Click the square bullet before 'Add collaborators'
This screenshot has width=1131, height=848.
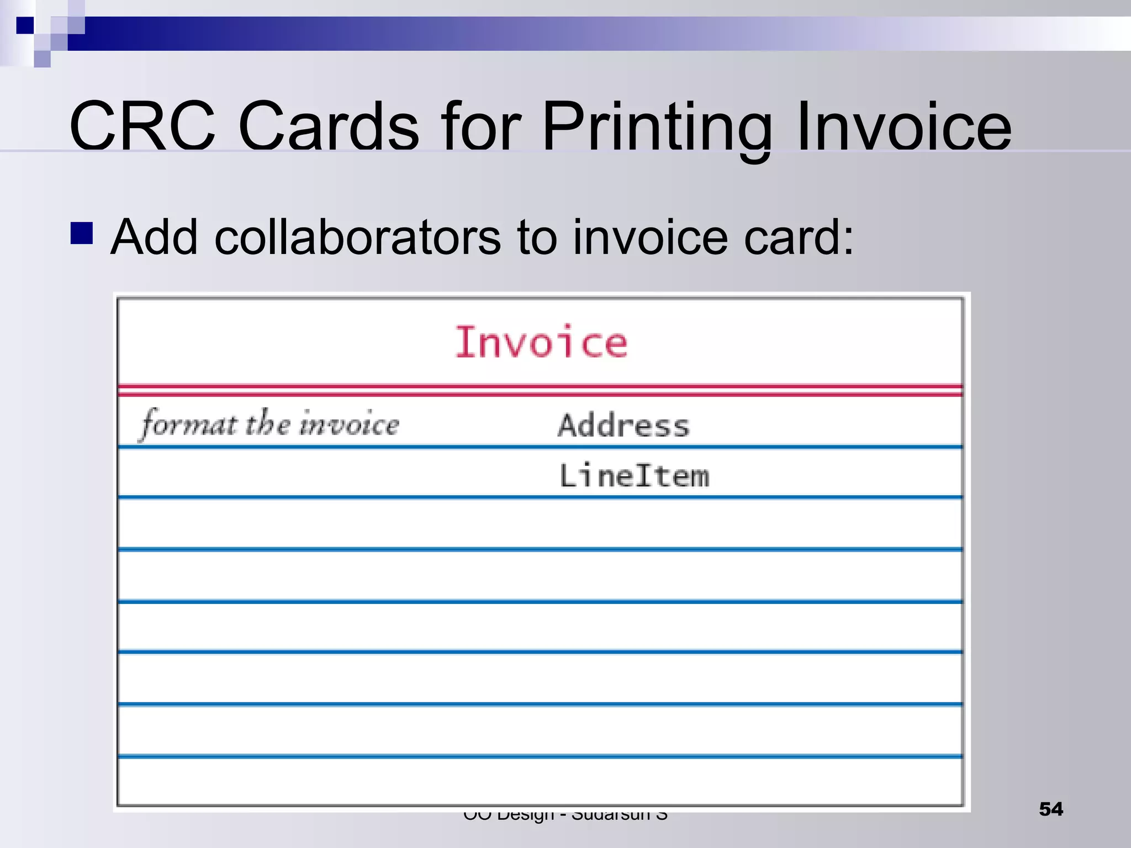click(82, 233)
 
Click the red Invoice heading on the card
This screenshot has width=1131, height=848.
click(541, 342)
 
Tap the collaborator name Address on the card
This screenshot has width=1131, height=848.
click(624, 426)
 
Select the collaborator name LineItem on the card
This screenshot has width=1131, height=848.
click(634, 476)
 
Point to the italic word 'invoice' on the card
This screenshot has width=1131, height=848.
click(349, 424)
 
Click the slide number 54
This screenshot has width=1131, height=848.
click(1050, 809)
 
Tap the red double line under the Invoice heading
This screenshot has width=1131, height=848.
click(540, 390)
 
